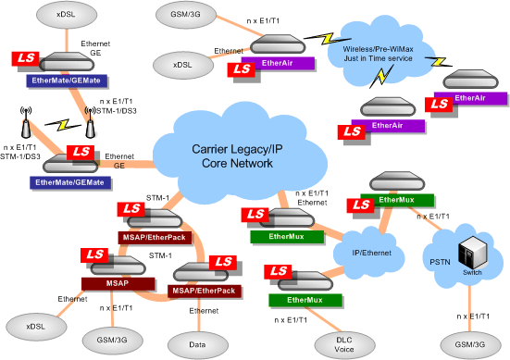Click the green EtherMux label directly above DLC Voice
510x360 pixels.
pyautogui.click(x=305, y=300)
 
